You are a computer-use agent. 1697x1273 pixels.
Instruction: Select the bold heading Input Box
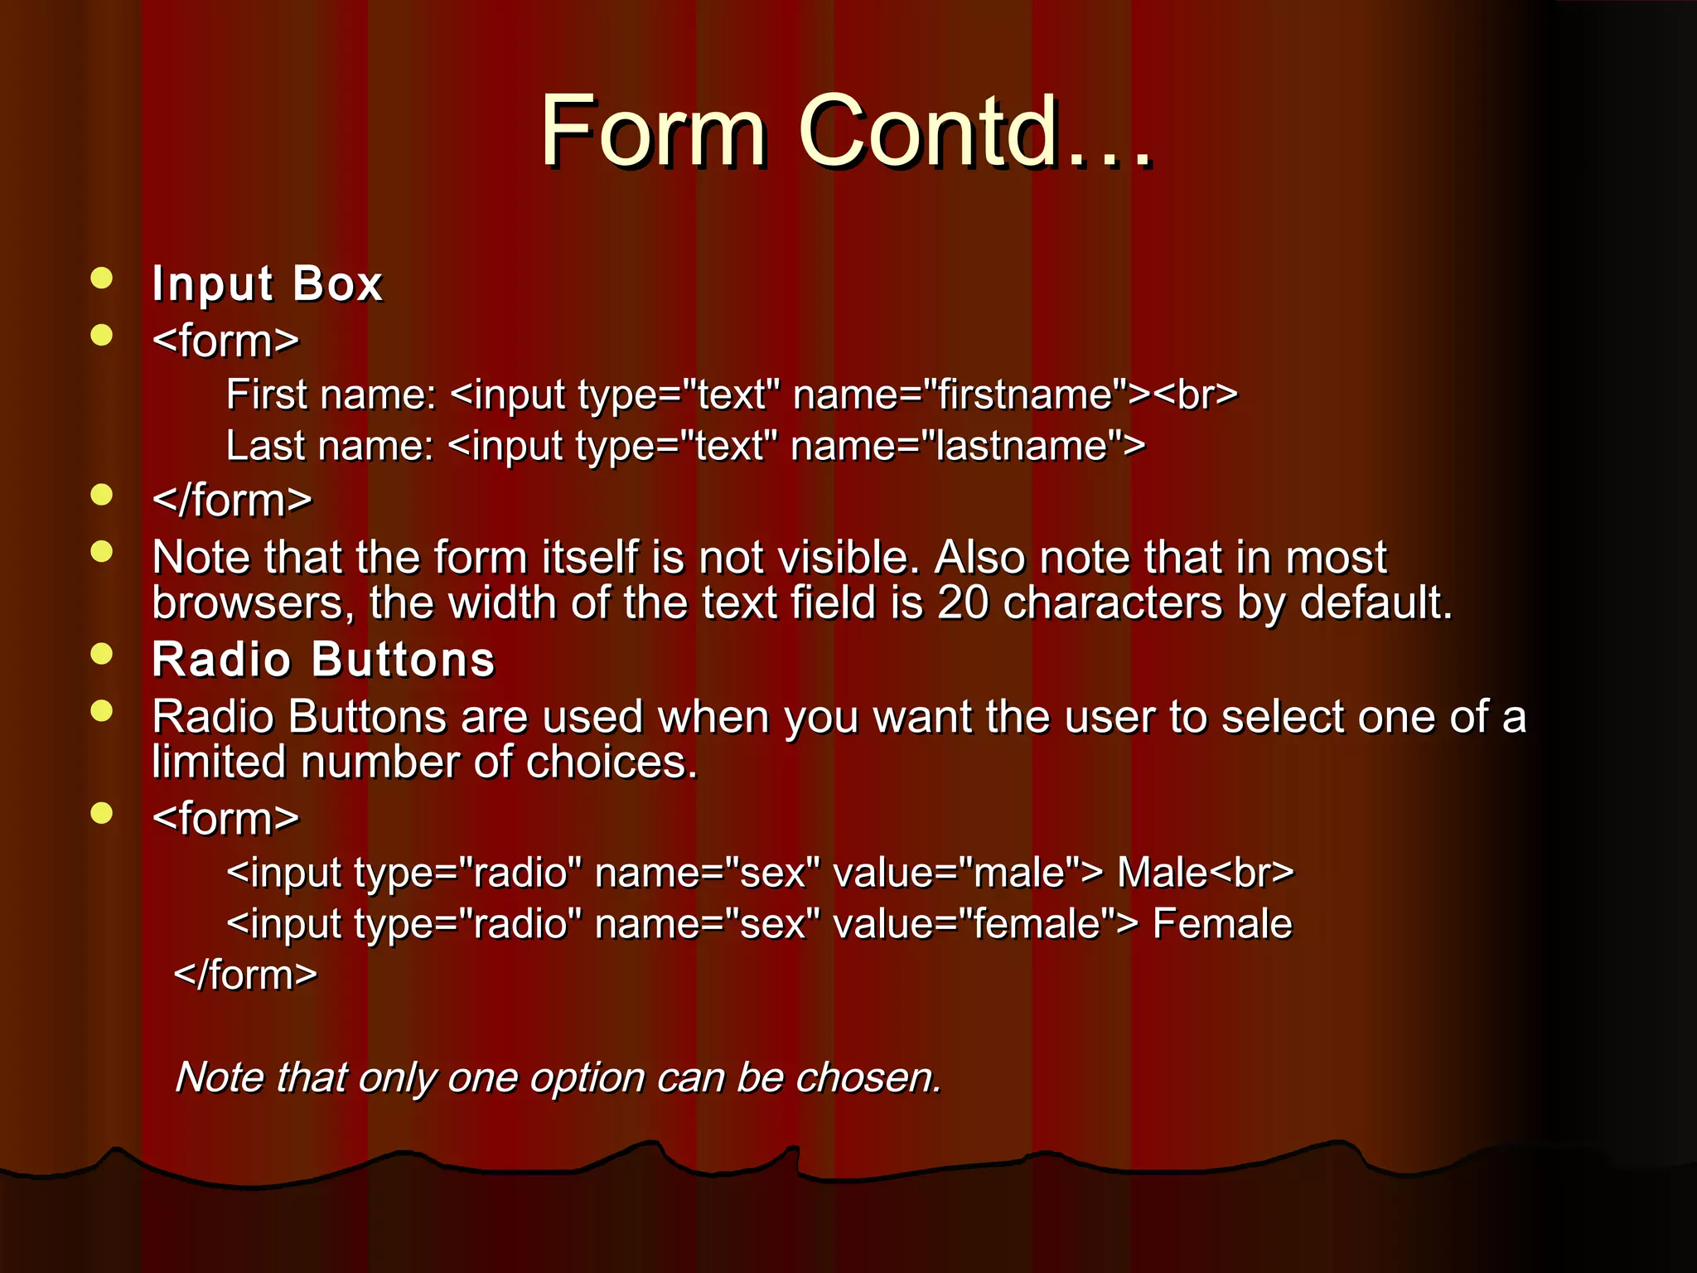tap(267, 284)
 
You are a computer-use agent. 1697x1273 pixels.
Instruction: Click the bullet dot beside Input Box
tap(102, 278)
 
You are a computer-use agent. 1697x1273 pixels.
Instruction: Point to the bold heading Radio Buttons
tap(323, 660)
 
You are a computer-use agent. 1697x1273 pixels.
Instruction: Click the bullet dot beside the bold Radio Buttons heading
tap(102, 654)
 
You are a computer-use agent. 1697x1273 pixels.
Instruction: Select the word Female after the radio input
tap(1222, 924)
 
